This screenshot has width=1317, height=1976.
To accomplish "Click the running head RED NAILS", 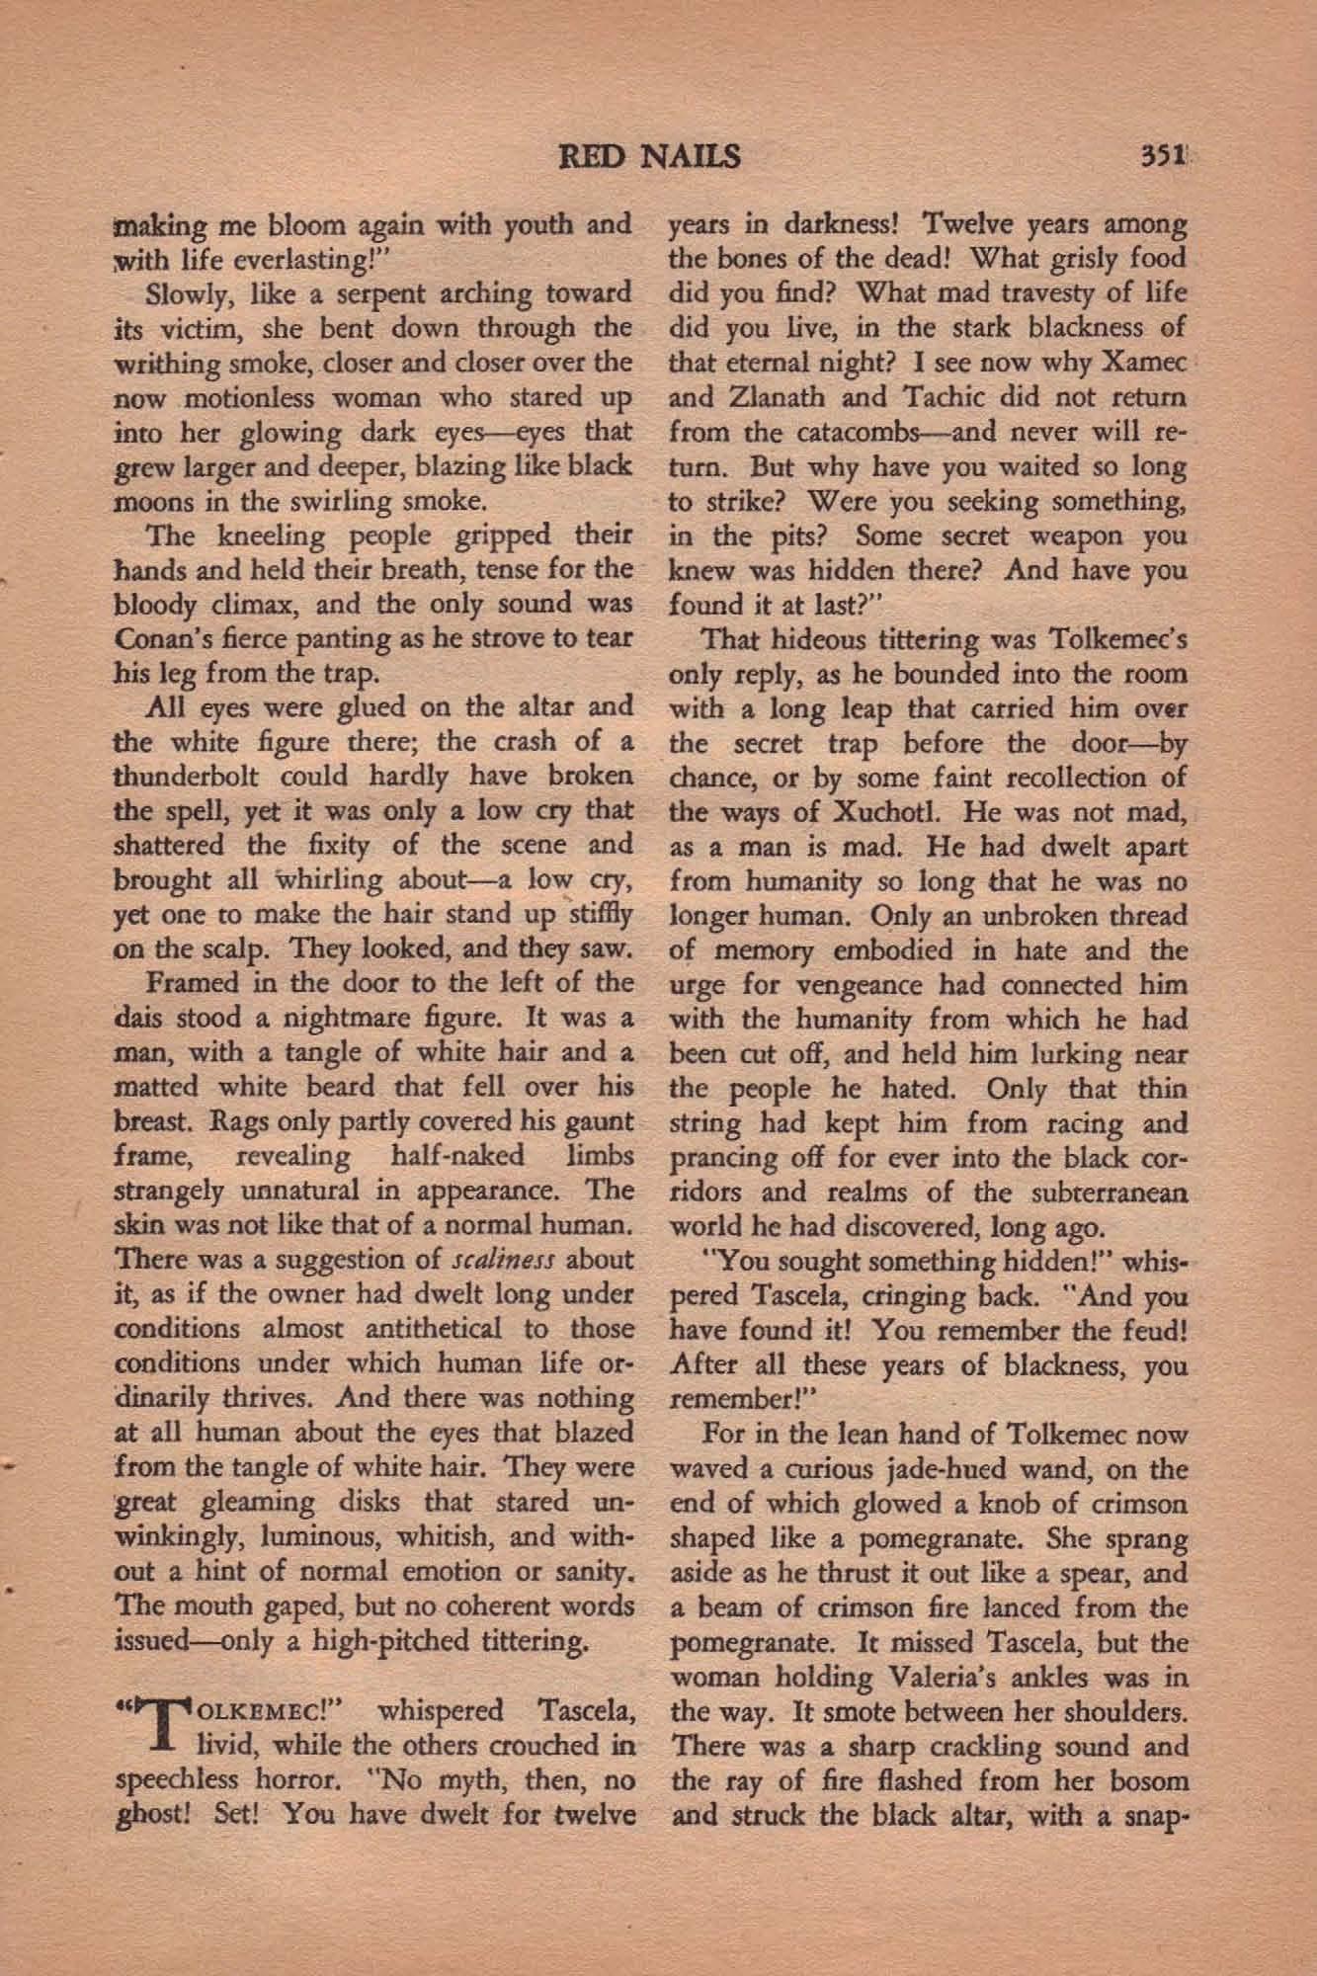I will [649, 157].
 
